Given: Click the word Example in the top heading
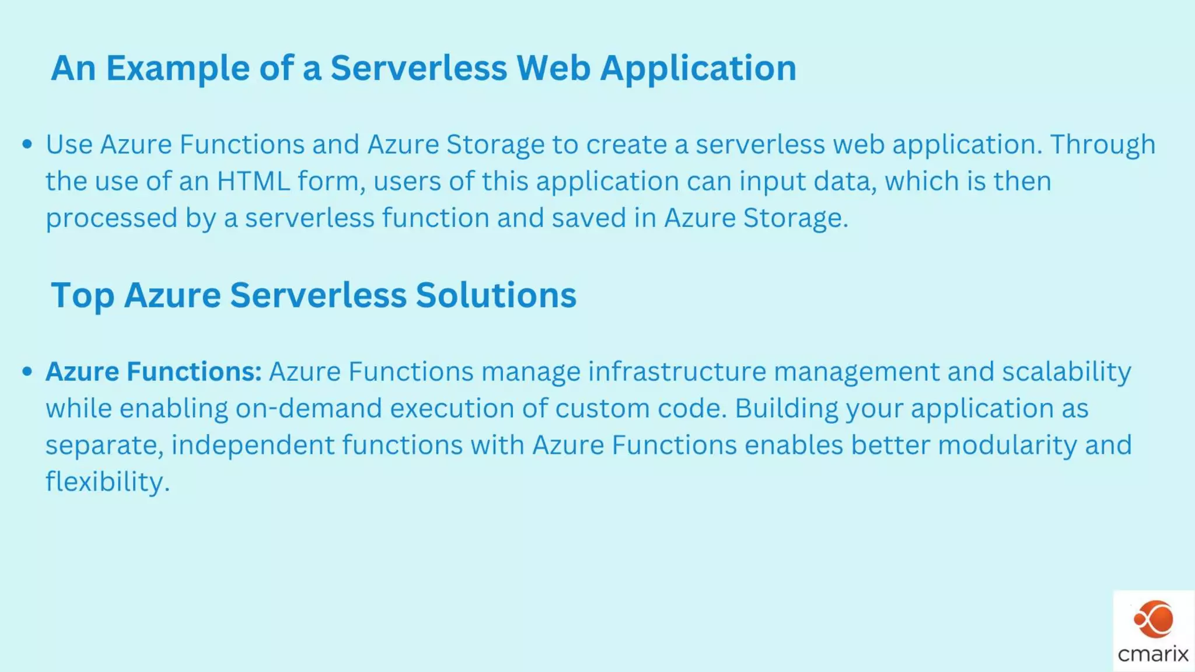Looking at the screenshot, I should (x=177, y=68).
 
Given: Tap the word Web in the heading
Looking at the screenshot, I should (x=553, y=68).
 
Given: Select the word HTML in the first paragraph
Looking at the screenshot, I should (x=253, y=181).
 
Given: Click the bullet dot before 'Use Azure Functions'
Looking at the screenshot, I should (x=27, y=144).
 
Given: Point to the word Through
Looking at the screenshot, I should (x=1103, y=145).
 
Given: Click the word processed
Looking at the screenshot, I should (x=111, y=218).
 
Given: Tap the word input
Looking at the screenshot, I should (x=773, y=181).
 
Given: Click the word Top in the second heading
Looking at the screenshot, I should (x=82, y=295).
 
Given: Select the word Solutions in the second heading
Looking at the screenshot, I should (x=495, y=295).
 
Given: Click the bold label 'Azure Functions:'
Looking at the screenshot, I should (x=153, y=372).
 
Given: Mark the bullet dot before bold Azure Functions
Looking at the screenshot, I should (x=27, y=372).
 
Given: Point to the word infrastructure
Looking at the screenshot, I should (x=677, y=372).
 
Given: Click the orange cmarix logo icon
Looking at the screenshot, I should (x=1154, y=619).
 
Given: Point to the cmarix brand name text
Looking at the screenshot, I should (x=1153, y=654).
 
